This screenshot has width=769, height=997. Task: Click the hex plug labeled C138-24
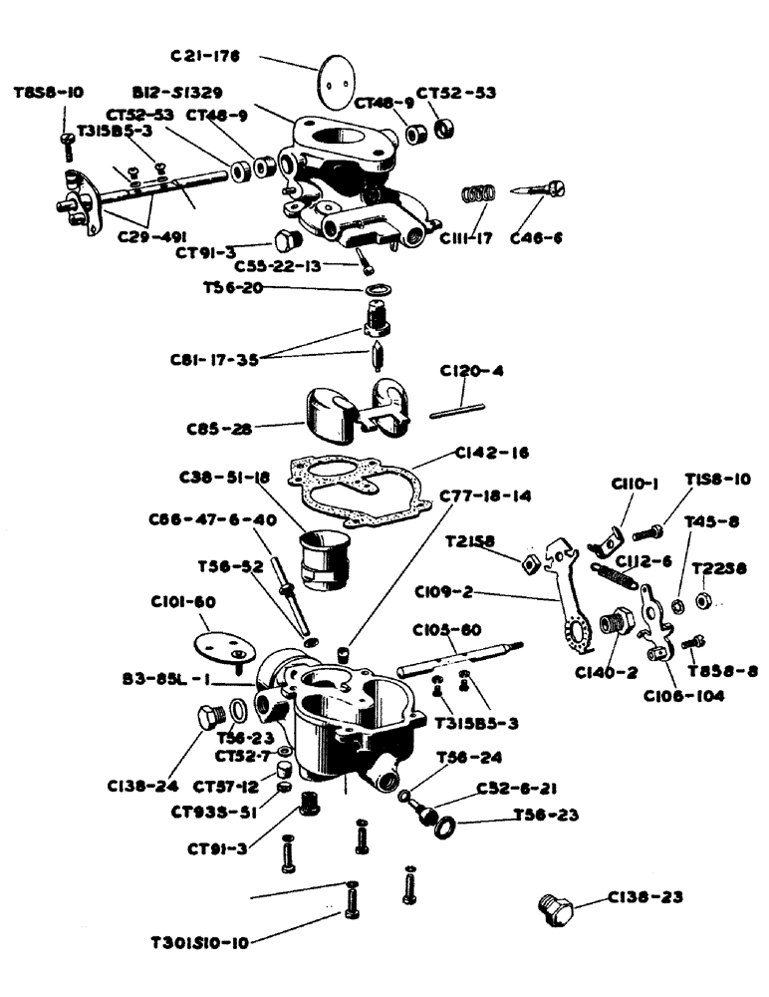coord(206,718)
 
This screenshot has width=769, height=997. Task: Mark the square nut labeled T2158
coord(531,564)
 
